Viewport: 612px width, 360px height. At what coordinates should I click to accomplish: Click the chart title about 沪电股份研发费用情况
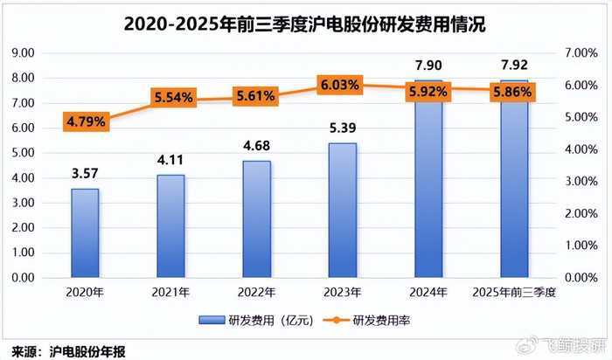coord(305,24)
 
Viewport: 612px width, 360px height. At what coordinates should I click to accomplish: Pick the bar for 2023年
coord(342,210)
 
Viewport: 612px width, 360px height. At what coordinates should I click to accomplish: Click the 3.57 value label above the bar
coord(85,173)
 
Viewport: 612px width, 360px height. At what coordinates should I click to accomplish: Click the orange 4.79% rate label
coord(85,121)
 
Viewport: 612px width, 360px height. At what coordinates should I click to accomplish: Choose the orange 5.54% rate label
coord(170,99)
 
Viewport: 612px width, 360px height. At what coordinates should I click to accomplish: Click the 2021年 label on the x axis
coord(170,293)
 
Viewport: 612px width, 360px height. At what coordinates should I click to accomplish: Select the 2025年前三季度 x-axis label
coord(513,293)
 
